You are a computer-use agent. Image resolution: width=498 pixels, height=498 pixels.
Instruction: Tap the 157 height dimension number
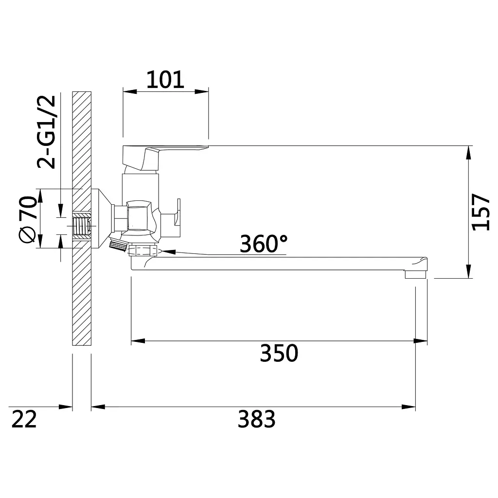(480, 212)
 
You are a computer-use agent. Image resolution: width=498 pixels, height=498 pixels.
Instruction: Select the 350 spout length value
(279, 353)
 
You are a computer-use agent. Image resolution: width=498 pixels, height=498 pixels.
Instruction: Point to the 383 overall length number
(257, 419)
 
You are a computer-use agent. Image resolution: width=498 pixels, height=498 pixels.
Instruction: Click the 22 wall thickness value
(24, 419)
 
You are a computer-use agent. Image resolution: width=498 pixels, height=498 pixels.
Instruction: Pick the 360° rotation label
(264, 244)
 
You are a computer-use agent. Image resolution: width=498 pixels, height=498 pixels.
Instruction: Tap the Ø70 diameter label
(28, 220)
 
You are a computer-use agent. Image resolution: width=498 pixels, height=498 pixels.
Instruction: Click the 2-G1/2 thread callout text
(46, 132)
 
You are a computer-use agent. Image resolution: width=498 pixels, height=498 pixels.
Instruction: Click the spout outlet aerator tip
(415, 274)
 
